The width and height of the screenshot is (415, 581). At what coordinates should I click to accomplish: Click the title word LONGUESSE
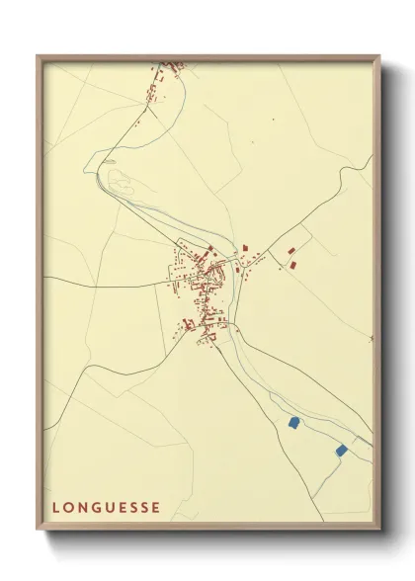pyautogui.click(x=106, y=508)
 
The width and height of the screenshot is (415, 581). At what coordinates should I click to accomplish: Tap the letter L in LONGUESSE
pyautogui.click(x=56, y=508)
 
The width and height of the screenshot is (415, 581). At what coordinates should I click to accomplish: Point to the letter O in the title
pyautogui.click(x=68, y=508)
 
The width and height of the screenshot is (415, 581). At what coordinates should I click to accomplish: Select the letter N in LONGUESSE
pyautogui.click(x=82, y=508)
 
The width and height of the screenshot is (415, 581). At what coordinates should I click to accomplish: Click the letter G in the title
pyautogui.click(x=96, y=508)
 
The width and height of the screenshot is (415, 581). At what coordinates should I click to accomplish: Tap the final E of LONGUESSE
pyautogui.click(x=156, y=508)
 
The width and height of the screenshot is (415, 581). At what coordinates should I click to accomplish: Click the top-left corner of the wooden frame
pyautogui.click(x=38, y=56)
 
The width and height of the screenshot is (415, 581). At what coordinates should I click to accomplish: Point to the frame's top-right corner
pyautogui.click(x=381, y=56)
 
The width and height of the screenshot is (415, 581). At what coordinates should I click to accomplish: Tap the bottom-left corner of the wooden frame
pyautogui.click(x=38, y=533)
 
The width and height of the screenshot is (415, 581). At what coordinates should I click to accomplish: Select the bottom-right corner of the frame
pyautogui.click(x=381, y=533)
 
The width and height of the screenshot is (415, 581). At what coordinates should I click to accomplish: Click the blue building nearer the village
pyautogui.click(x=293, y=422)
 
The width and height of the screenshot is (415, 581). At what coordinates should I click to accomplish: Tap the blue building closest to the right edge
pyautogui.click(x=342, y=450)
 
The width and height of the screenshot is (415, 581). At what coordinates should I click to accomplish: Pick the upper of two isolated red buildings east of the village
pyautogui.click(x=291, y=251)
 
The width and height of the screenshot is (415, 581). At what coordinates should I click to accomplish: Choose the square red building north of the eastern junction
pyautogui.click(x=245, y=246)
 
